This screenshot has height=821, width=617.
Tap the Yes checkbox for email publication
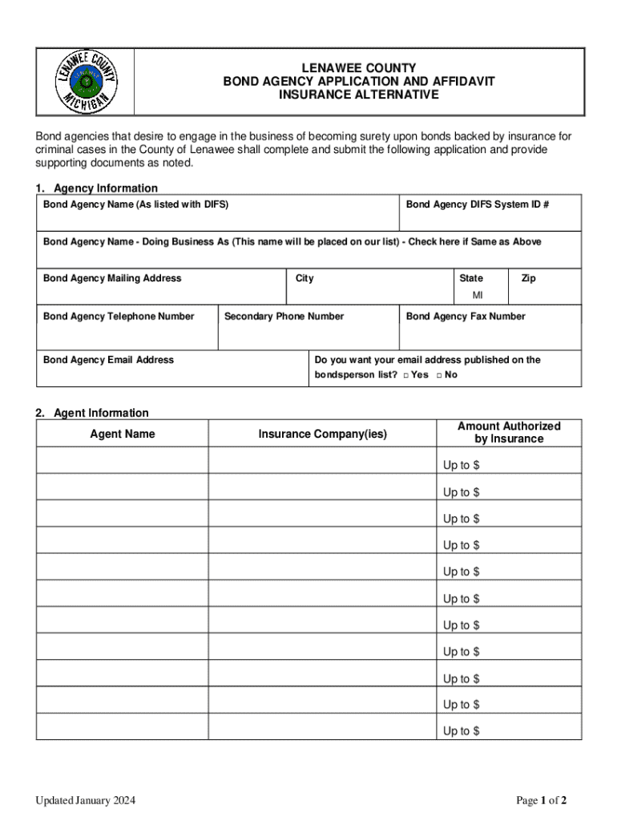406,375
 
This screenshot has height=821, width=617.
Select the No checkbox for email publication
439,375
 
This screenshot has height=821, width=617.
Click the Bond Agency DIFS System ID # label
478,204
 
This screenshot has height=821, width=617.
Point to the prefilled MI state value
478,296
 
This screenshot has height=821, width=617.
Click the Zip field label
528,278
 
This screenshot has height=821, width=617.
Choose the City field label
304,278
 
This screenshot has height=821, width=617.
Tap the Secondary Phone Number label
284,317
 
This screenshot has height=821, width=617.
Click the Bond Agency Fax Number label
466,317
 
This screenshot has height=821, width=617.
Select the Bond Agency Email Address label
108,360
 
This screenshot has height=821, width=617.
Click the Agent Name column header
123,434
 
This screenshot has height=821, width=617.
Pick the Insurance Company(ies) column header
322,434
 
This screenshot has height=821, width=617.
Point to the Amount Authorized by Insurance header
509,432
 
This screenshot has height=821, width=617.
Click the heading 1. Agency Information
96,188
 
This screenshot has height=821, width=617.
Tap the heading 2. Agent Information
91,413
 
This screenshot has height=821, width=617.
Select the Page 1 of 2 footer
542,800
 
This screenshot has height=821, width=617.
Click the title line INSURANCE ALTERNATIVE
358,95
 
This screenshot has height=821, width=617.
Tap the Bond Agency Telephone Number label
119,317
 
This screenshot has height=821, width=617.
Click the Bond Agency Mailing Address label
112,278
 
